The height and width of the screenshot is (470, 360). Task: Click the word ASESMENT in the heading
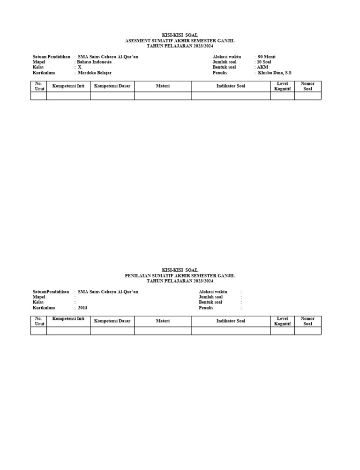point(137,41)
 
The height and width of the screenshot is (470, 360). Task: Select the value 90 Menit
point(267,57)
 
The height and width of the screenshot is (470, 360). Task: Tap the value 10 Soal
point(264,62)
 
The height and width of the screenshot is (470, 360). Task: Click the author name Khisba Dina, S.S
point(275,73)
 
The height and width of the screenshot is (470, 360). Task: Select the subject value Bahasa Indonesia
point(94,62)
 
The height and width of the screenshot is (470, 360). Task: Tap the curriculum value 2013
point(82,308)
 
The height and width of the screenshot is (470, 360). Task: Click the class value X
point(80,68)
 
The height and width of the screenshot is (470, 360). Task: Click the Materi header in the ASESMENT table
point(163,86)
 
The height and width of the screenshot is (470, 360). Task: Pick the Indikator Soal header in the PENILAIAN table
point(231,321)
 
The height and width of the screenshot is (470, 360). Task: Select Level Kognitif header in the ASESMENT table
point(282,86)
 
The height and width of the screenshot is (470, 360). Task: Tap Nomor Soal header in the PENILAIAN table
point(307,321)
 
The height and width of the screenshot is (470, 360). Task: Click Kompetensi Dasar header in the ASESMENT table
point(112,86)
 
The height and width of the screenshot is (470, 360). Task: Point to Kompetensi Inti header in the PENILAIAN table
point(68,319)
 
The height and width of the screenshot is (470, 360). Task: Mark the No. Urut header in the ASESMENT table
point(38,86)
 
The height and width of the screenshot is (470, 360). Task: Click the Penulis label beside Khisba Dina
point(220,73)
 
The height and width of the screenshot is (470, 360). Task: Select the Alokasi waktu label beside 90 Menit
point(226,57)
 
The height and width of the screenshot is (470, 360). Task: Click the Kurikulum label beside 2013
point(44,308)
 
